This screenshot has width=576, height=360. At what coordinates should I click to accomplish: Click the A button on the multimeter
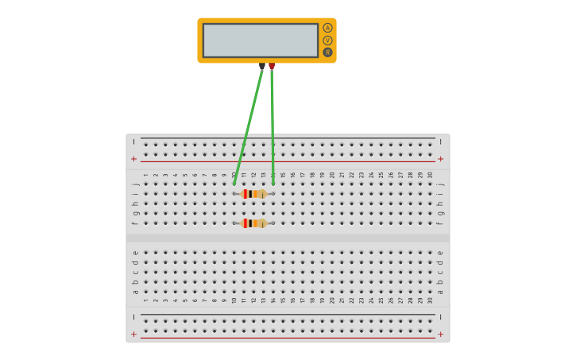pos(327,28)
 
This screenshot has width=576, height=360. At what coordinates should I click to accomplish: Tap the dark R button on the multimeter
pos(327,52)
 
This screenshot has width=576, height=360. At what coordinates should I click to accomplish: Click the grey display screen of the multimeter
pos(261,40)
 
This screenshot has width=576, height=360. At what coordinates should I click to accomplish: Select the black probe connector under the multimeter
pos(262,67)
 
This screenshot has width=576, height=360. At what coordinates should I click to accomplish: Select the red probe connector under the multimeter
pos(272,67)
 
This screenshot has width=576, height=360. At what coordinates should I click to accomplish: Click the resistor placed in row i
pos(253,194)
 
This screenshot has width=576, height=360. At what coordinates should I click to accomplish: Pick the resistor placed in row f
pos(253,223)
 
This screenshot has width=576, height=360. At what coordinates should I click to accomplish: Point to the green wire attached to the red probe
pos(272,127)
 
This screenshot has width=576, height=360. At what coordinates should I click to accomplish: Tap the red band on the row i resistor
pos(245,194)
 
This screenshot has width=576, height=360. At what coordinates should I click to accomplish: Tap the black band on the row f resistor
pos(248,223)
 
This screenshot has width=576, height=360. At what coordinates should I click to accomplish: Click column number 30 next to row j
pos(430,175)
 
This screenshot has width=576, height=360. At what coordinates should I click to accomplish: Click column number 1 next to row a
pos(146,300)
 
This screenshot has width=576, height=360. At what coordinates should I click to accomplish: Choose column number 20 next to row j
pos(332,175)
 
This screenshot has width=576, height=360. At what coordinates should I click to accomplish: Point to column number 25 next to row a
pos(381,300)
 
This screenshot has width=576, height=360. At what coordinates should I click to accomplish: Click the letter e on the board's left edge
pos(135,253)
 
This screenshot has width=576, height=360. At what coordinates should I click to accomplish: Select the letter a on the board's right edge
pos(440,291)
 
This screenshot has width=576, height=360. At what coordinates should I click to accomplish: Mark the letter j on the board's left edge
pos(135,184)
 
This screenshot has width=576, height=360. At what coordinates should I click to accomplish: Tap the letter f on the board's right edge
pos(440,223)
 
